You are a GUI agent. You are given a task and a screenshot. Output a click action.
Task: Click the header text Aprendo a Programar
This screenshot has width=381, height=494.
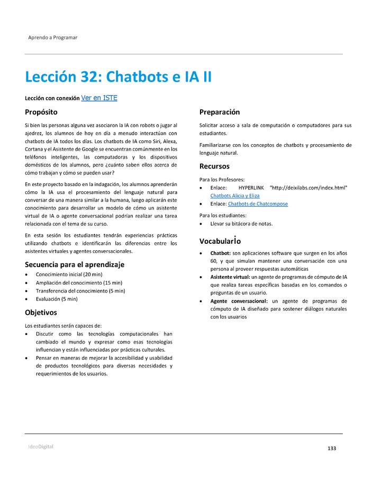coord(52,38)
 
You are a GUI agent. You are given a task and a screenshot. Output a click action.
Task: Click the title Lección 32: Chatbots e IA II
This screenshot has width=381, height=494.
coord(118,77)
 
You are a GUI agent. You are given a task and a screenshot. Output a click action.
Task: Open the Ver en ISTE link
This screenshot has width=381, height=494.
coord(99,98)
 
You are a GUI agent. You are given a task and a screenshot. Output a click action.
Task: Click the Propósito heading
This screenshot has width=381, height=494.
coord(41,112)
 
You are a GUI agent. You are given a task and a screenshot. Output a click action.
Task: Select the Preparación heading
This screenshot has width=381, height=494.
coord(219,112)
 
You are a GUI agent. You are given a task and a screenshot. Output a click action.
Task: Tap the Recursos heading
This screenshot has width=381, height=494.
coord(214,166)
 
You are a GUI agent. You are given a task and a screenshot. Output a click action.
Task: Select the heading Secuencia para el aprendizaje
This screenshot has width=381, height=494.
coord(75,264)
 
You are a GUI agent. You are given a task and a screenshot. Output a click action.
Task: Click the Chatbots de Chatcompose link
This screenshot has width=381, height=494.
coord(258,204)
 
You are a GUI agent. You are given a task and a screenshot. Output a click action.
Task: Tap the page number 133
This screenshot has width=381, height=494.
coord(332,448)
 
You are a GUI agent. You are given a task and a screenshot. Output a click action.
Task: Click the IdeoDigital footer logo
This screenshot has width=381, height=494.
coord(41,447)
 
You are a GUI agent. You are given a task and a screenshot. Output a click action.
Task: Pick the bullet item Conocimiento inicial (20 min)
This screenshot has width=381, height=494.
coord(69,275)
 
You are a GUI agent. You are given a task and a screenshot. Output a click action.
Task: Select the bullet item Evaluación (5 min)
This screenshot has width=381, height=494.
coord(57,299)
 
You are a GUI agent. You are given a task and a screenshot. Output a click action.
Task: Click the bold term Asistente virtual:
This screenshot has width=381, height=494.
coord(230,277)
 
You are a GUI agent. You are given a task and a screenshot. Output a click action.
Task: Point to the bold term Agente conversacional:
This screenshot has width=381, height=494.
coord(238,301)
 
